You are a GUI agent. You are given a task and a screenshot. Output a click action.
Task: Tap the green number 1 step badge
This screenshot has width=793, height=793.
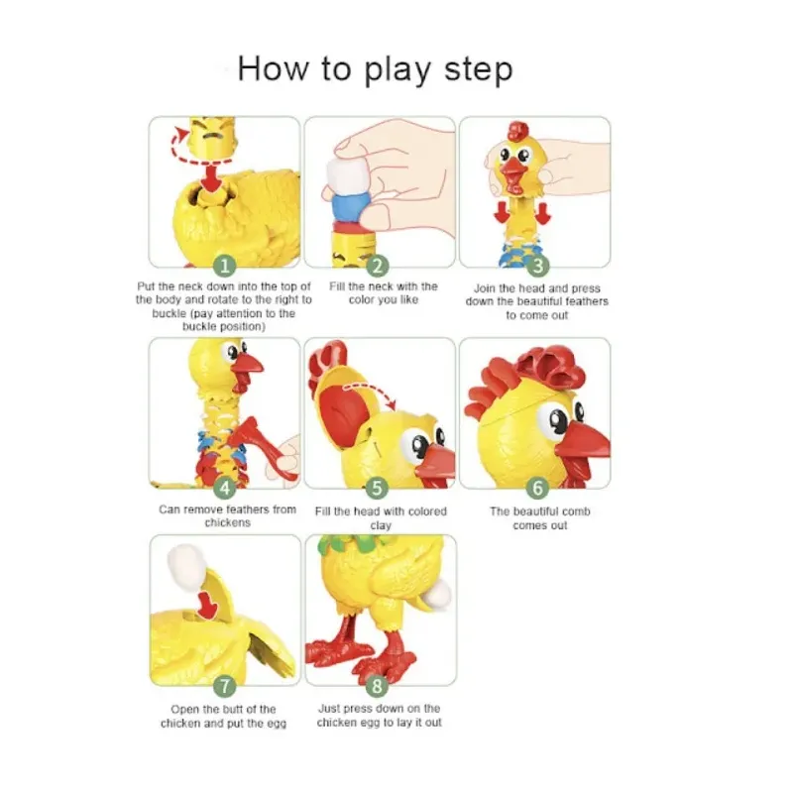coord(225,266)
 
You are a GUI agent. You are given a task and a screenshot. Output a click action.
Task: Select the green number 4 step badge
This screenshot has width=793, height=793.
coord(225,488)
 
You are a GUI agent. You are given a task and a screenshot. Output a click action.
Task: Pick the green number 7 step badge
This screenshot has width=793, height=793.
coord(225,686)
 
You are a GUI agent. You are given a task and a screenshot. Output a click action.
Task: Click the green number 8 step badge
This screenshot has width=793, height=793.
coord(377,686)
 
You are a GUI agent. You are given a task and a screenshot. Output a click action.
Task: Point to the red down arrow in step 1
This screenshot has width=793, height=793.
coord(212,180)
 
